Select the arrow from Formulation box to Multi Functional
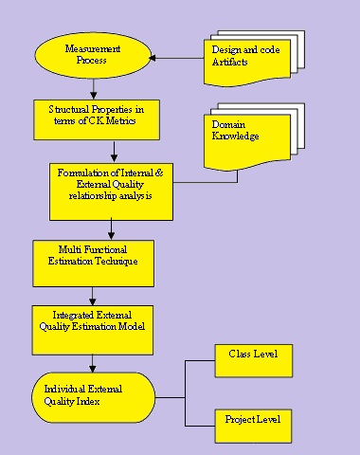pyautogui.click(x=112, y=228)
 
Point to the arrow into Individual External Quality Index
pyautogui.click(x=92, y=365)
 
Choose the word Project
pyautogui.click(x=240, y=419)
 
